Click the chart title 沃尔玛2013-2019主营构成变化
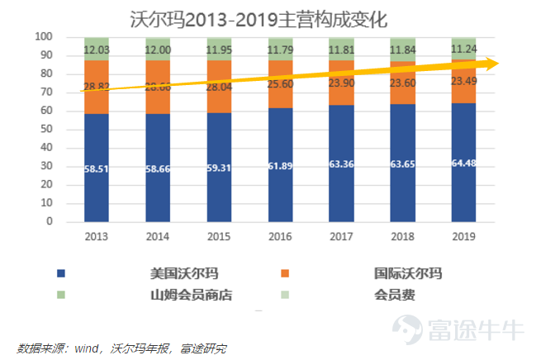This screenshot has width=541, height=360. pyautogui.click(x=259, y=17)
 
